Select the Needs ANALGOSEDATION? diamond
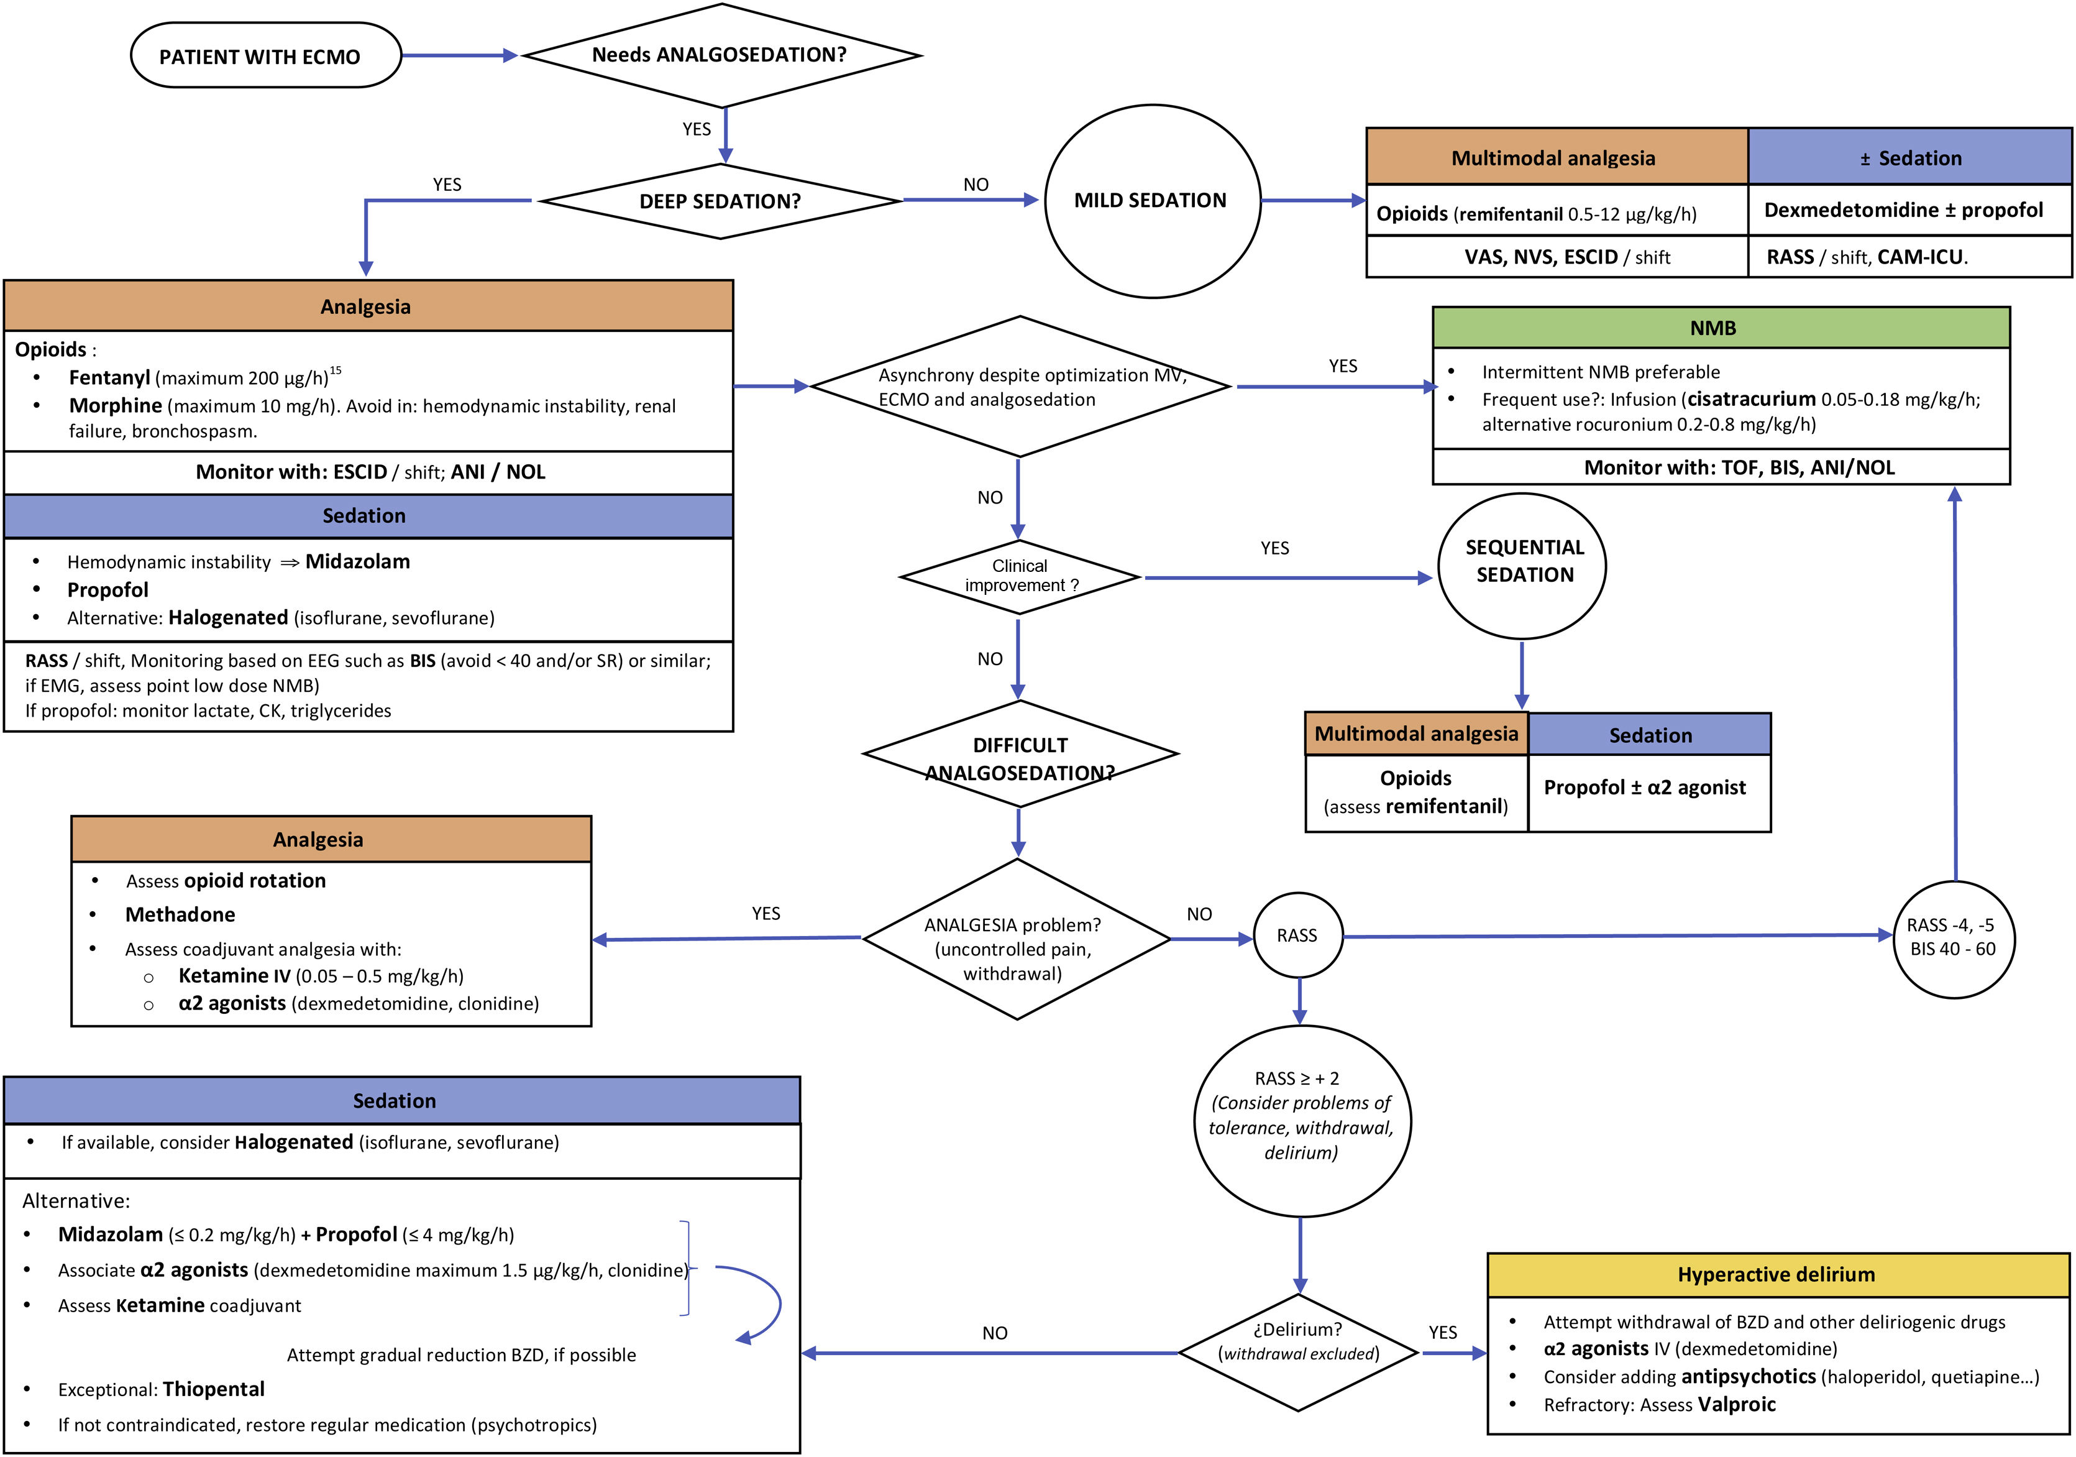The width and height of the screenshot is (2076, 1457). click(x=721, y=55)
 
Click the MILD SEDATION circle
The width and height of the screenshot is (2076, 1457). click(x=1151, y=201)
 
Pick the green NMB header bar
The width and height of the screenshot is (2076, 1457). click(x=1720, y=328)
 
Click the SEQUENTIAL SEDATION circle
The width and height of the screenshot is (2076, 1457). click(x=1524, y=563)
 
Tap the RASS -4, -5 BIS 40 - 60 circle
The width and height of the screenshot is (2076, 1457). click(x=1952, y=938)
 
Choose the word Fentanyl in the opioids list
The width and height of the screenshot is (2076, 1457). click(x=109, y=378)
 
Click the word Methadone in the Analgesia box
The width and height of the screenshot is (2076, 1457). click(x=180, y=915)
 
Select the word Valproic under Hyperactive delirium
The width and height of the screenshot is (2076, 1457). click(x=1736, y=1405)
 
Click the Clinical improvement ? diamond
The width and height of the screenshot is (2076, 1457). click(x=1020, y=577)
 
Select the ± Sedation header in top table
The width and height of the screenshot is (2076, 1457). click(x=1909, y=159)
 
